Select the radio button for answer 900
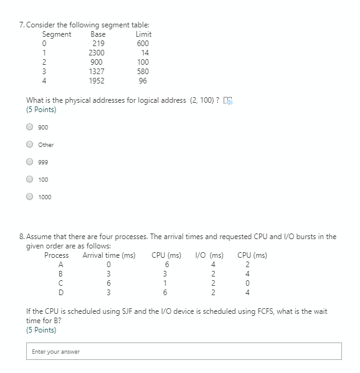(x=29, y=127)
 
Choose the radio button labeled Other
(x=29, y=144)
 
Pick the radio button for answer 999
(x=29, y=162)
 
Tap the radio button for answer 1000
(x=29, y=197)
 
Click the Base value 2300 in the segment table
(x=98, y=53)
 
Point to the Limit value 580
(x=143, y=72)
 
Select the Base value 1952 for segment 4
(x=97, y=81)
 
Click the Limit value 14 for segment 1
(x=145, y=53)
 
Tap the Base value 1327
(x=97, y=72)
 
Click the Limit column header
(x=143, y=34)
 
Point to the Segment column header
(x=57, y=34)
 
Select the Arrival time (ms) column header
(x=109, y=255)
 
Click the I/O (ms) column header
(x=209, y=255)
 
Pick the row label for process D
(x=60, y=292)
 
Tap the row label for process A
(x=60, y=264)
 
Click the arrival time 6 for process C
(x=108, y=283)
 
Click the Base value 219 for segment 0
(x=98, y=44)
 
